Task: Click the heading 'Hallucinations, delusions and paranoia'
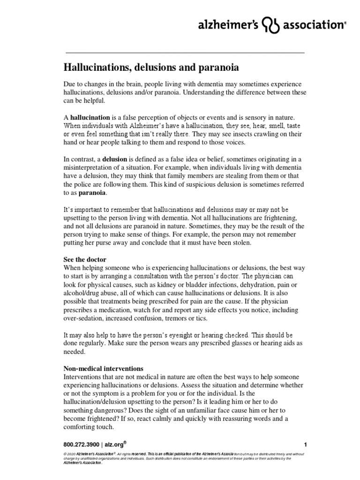(x=151, y=67)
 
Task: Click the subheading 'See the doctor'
(x=85, y=259)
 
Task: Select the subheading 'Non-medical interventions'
(x=103, y=368)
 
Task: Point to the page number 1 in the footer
(x=305, y=444)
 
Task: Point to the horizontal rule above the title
(x=184, y=52)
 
